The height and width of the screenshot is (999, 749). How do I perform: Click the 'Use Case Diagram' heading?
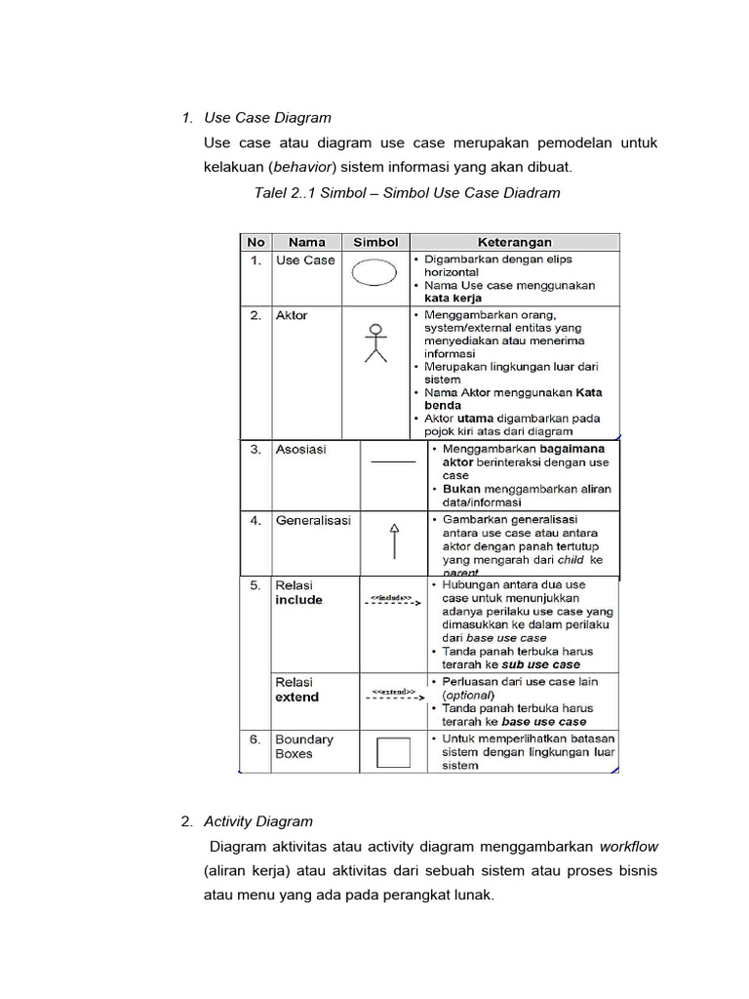pyautogui.click(x=267, y=118)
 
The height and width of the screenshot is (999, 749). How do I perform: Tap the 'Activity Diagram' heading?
pyautogui.click(x=258, y=821)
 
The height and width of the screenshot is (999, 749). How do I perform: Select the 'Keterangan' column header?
pyautogui.click(x=514, y=242)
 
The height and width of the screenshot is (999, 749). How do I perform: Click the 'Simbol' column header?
pyautogui.click(x=375, y=242)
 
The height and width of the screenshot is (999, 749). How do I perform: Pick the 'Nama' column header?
pyautogui.click(x=305, y=242)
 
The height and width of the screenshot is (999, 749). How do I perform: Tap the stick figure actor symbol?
pyautogui.click(x=375, y=340)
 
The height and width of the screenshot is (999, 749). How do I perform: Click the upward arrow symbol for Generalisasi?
pyautogui.click(x=394, y=540)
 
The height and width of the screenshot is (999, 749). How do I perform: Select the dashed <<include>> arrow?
pyautogui.click(x=392, y=600)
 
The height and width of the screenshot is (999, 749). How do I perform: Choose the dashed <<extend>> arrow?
pyautogui.click(x=392, y=696)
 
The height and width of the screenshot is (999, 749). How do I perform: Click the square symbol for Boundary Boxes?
pyautogui.click(x=393, y=752)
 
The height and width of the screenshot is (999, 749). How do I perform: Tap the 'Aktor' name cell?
pyautogui.click(x=292, y=316)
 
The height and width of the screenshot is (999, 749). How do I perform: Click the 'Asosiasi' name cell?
pyautogui.click(x=301, y=450)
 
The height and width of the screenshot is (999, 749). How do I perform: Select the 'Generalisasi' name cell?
pyautogui.click(x=313, y=521)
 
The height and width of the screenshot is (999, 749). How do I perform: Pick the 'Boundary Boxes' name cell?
pyautogui.click(x=303, y=746)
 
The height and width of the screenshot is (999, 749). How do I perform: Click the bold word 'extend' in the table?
pyautogui.click(x=296, y=698)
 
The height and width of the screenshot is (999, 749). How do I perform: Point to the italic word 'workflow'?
pyautogui.click(x=628, y=846)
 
